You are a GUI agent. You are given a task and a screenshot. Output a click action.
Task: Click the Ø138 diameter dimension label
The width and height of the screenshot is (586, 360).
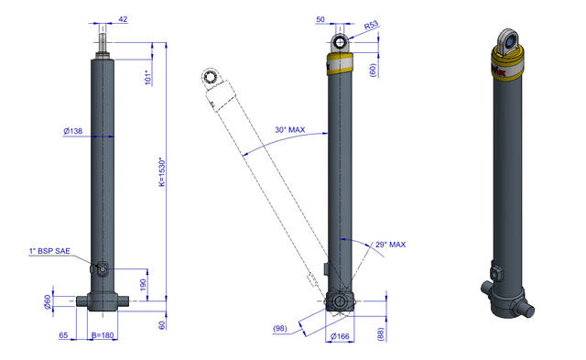pyautogui.click(x=73, y=131)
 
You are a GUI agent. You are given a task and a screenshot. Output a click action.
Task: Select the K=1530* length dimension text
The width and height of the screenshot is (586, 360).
pyautogui.click(x=162, y=172)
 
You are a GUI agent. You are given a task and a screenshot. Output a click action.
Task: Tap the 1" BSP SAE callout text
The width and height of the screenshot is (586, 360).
pyautogui.click(x=49, y=251)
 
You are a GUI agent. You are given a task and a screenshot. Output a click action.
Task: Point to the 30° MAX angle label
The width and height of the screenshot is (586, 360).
pyautogui.click(x=290, y=130)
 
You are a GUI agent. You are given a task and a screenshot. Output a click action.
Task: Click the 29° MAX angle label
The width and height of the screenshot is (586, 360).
pyautogui.click(x=391, y=245)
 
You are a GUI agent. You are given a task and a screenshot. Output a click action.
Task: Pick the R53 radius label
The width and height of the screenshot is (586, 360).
pyautogui.click(x=372, y=26)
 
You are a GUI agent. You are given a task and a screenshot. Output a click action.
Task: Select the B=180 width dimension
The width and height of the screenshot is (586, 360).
pyautogui.click(x=103, y=335)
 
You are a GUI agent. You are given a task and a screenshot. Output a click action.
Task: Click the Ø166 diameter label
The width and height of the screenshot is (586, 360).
pyautogui.click(x=340, y=336)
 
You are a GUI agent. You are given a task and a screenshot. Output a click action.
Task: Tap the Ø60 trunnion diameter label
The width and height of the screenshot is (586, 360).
pyautogui.click(x=48, y=302)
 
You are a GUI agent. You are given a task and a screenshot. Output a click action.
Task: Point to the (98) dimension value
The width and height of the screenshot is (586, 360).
pyautogui.click(x=280, y=328)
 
